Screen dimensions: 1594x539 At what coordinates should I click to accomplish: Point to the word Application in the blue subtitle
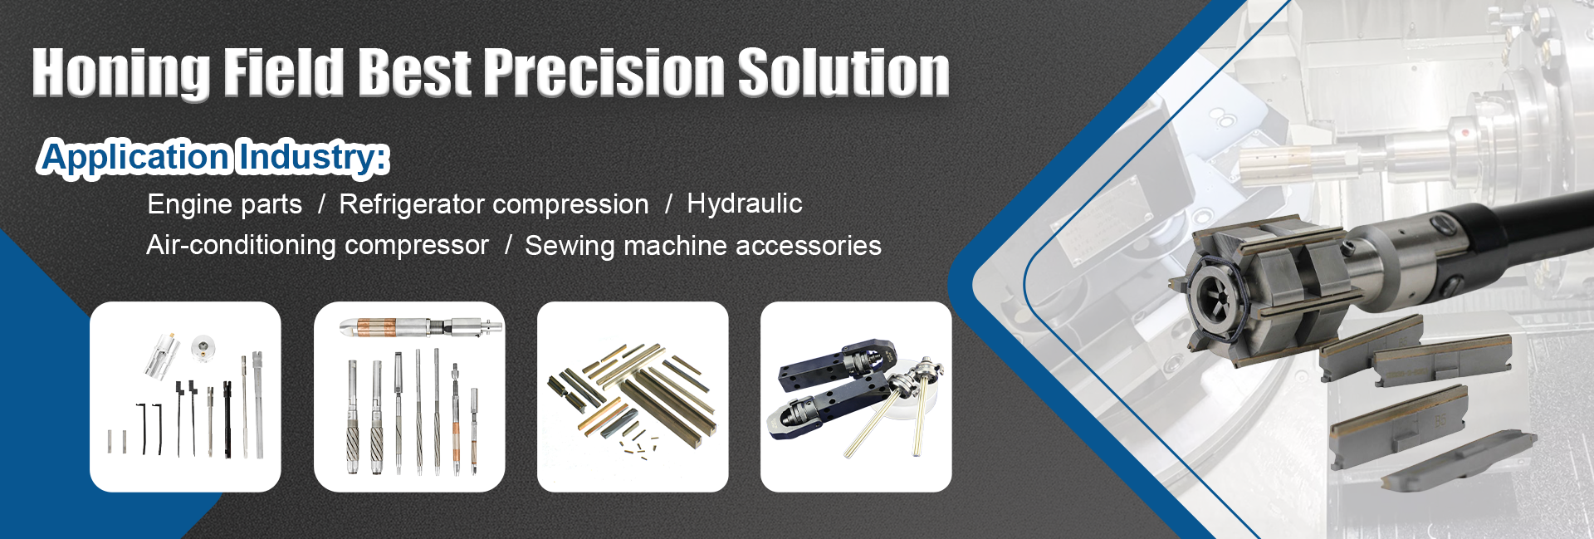tap(134, 158)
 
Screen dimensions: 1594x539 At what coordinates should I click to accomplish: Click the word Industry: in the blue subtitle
tap(312, 158)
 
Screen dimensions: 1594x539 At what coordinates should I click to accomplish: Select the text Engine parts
tap(224, 204)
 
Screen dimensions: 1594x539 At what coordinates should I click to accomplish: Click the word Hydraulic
tap(744, 203)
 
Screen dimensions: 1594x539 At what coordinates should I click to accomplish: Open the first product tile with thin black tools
tap(185, 396)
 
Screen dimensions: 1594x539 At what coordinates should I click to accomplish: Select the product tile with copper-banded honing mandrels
tap(409, 396)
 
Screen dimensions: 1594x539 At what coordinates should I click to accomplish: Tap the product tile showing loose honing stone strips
tap(633, 396)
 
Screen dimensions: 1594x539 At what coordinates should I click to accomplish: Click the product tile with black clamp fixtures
tap(856, 396)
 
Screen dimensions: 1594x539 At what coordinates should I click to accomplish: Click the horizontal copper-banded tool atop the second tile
tap(421, 326)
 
